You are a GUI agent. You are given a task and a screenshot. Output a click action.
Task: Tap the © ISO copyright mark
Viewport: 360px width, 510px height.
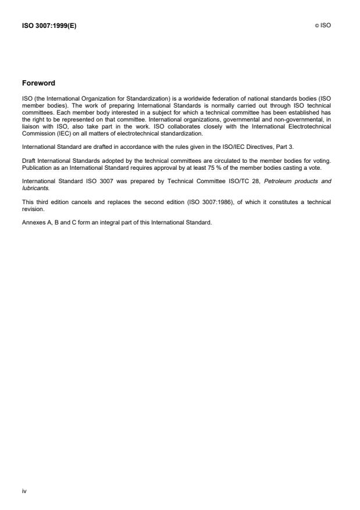[322, 26]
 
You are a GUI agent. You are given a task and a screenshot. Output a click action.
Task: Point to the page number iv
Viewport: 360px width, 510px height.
[24, 491]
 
